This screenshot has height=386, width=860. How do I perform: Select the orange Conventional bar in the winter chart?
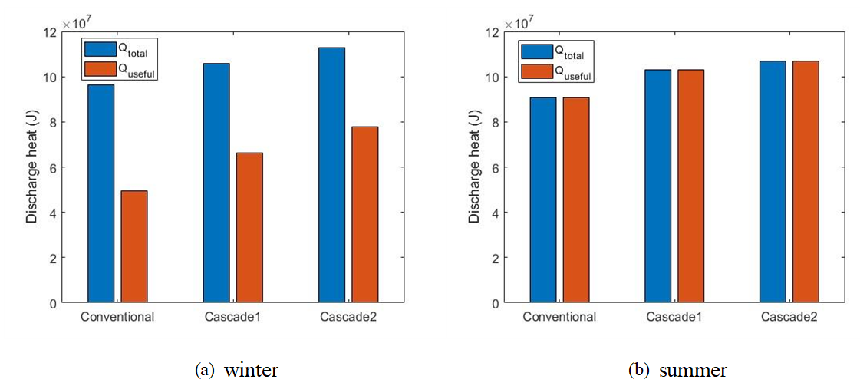tap(134, 246)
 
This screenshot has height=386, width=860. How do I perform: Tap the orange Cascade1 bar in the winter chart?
tap(249, 227)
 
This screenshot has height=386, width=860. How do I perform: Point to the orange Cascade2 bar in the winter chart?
tap(364, 214)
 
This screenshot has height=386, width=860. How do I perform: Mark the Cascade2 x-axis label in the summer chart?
tap(789, 317)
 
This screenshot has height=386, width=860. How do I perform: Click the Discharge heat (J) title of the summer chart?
tap(475, 167)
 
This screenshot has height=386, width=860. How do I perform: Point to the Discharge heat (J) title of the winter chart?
tap(32, 167)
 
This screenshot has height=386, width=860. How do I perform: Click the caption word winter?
tap(250, 371)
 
